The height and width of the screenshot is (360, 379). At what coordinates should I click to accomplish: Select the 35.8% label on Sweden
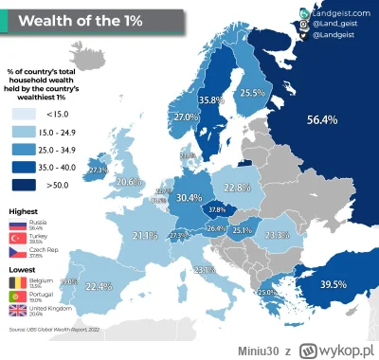210,99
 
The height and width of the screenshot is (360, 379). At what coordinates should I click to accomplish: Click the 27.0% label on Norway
184,117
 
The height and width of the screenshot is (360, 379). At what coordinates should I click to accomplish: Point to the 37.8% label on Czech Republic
216,209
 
